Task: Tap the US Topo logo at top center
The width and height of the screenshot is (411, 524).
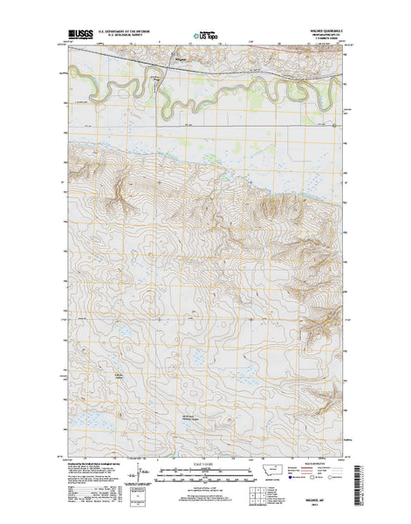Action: [x=206, y=37]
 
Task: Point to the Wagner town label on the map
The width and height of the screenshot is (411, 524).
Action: [x=181, y=59]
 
